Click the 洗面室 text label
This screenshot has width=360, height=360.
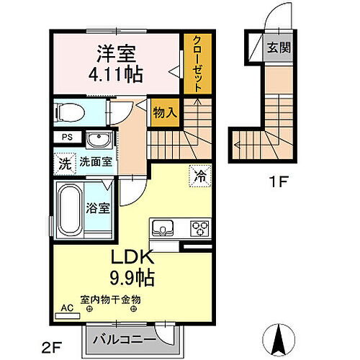96,162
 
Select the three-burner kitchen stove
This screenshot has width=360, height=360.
199,229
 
